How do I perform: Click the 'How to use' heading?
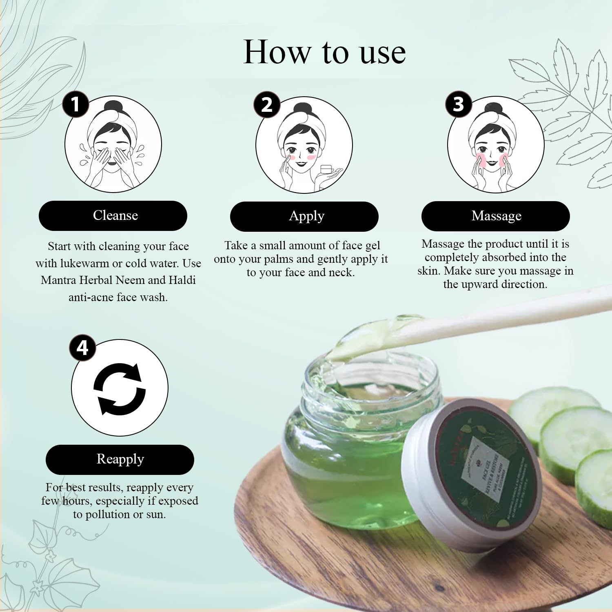(x=324, y=52)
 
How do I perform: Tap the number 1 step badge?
(x=75, y=104)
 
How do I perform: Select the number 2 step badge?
(x=267, y=104)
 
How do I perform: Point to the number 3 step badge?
(x=459, y=104)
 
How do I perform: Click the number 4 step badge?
(x=82, y=348)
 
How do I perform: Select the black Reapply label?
(x=120, y=459)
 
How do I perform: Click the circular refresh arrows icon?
(x=120, y=388)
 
